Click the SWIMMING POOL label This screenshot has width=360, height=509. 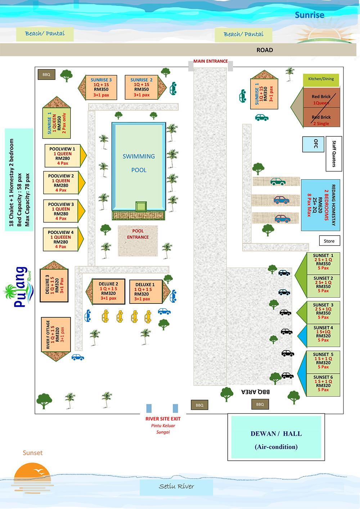pos(139,163)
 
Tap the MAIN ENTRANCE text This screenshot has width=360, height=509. pos(211,61)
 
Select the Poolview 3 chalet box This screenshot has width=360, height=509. pos(61,211)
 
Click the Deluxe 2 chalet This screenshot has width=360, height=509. pos(108,291)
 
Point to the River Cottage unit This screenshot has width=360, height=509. pos(55,335)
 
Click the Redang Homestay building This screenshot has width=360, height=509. pos(320,205)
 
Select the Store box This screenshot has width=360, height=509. pos(329,241)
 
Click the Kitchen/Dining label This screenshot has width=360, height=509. pos(321,79)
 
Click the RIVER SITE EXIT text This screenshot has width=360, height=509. pos(163,419)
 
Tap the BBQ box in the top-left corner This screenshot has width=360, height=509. pos(46,75)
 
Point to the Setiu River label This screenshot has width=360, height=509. pos(176,487)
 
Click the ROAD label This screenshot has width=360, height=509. pos(265,50)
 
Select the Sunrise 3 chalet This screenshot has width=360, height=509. pos(101,87)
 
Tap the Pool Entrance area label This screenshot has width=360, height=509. pos(138,234)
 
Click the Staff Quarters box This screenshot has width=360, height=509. pos(334,154)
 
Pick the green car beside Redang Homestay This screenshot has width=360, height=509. pos(278,181)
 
